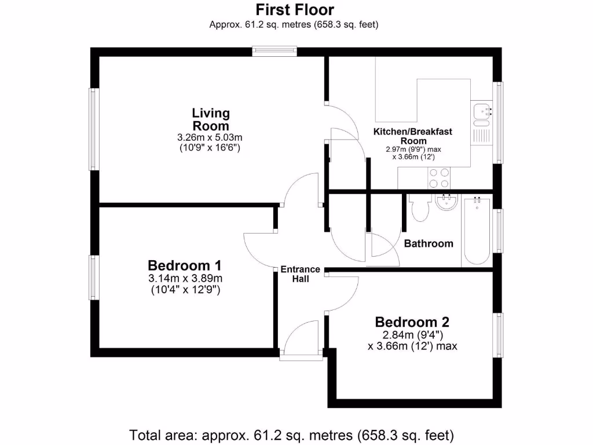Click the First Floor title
pyautogui.click(x=295, y=10)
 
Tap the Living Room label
pyautogui.click(x=211, y=119)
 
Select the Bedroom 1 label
pyautogui.click(x=185, y=266)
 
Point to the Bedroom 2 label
pyautogui.click(x=412, y=322)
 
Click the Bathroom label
pyautogui.click(x=429, y=243)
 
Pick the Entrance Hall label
pyautogui.click(x=300, y=274)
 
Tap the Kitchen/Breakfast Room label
pyautogui.click(x=412, y=136)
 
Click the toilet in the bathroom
pyautogui.click(x=419, y=208)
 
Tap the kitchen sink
pyautogui.click(x=481, y=114)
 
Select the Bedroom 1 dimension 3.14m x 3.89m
pyautogui.click(x=185, y=279)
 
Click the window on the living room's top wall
pyautogui.click(x=274, y=52)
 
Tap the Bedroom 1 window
pyautogui.click(x=92, y=278)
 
